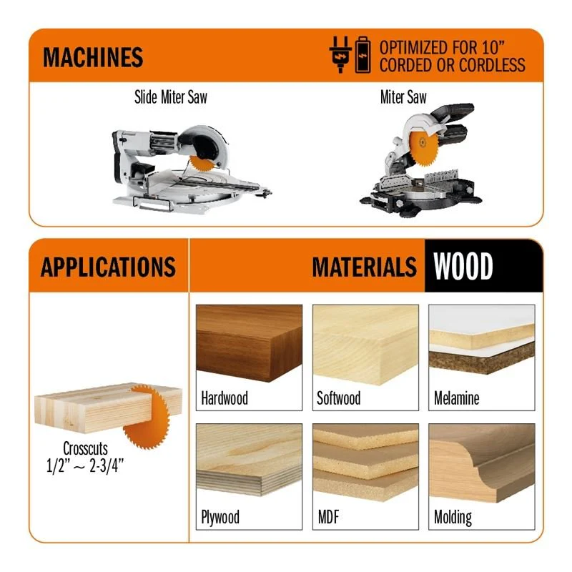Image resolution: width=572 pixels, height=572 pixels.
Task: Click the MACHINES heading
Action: tap(93, 57)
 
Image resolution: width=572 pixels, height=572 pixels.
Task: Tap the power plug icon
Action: tap(340, 54)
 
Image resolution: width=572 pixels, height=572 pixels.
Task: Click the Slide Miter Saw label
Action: tap(171, 97)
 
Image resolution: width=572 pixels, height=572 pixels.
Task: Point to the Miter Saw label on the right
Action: tap(403, 97)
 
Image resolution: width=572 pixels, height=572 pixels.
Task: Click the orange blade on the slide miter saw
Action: tap(202, 164)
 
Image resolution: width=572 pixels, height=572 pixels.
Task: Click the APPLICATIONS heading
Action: tap(109, 267)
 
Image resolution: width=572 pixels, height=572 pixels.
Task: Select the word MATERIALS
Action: tap(364, 267)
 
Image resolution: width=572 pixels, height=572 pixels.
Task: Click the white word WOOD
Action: tap(463, 266)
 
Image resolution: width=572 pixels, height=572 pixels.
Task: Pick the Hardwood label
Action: tap(225, 398)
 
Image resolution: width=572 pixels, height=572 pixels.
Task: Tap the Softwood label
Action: tap(338, 398)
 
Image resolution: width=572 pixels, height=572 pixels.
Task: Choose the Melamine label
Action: tap(456, 398)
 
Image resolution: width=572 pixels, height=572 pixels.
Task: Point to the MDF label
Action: tap(328, 517)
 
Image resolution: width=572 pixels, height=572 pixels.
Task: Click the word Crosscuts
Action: tap(85, 448)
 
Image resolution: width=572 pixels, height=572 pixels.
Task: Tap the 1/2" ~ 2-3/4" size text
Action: tap(84, 466)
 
